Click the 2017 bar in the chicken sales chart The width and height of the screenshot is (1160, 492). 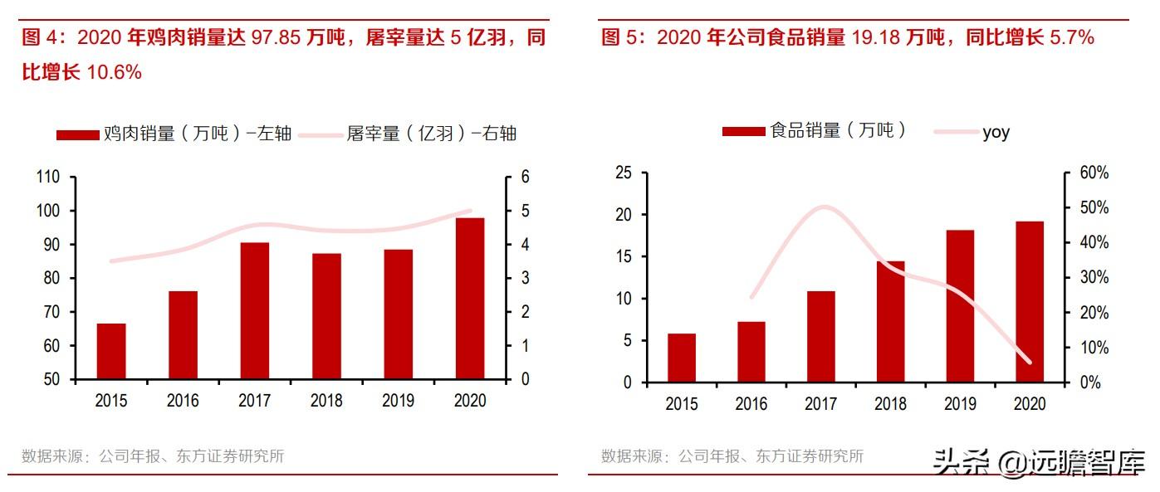click(x=255, y=311)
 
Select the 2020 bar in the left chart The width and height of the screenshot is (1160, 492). click(x=470, y=299)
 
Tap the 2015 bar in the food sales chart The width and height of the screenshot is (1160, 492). click(x=682, y=358)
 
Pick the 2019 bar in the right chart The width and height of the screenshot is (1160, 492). click(x=960, y=306)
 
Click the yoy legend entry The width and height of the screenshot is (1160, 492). click(x=972, y=133)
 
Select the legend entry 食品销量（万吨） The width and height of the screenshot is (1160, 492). click(x=814, y=130)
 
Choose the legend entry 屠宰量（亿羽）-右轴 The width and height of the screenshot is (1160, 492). click(x=408, y=134)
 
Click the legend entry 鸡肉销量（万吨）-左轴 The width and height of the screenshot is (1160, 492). click(x=174, y=134)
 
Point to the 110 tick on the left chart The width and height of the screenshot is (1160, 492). click(x=47, y=177)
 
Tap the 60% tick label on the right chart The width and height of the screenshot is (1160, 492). click(x=1094, y=173)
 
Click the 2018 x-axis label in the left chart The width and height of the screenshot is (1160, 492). click(x=326, y=401)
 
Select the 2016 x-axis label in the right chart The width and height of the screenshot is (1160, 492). click(x=751, y=403)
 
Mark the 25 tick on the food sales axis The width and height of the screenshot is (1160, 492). click(x=624, y=173)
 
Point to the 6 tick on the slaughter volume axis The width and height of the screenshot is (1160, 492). click(x=525, y=177)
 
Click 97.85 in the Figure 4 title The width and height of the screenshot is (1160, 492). click(x=276, y=38)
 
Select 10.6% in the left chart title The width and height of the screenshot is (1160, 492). click(x=114, y=72)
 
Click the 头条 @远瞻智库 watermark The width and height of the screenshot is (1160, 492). click(x=1038, y=462)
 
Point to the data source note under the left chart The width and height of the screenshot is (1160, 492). click(x=153, y=456)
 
